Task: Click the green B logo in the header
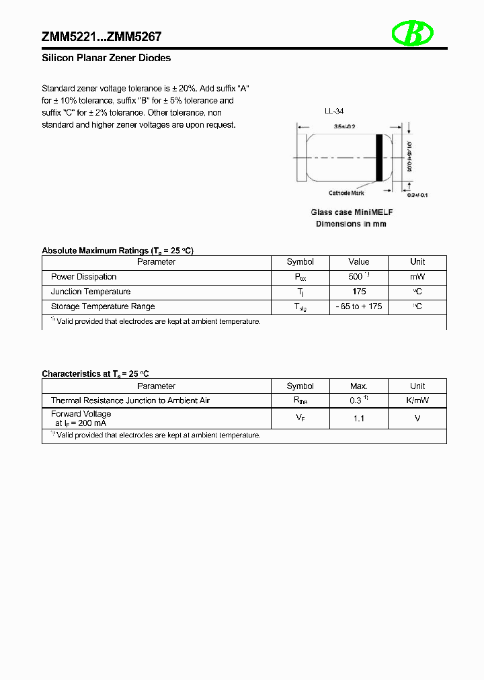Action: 413,34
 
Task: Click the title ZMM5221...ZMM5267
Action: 102,37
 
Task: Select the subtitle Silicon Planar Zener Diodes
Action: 106,58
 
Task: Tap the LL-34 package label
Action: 333,112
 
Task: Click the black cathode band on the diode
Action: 380,157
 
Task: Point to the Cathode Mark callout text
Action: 347,193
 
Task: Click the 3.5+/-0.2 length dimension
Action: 344,126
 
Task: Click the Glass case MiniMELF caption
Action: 352,212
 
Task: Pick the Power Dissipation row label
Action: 84,277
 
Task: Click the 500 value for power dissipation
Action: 356,277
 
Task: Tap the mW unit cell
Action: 417,277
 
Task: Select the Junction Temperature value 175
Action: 359,292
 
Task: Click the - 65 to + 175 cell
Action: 359,306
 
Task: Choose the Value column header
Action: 359,262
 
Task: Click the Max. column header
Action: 359,386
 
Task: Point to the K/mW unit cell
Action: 417,400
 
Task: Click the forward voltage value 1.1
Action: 359,419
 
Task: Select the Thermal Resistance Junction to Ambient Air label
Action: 130,400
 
